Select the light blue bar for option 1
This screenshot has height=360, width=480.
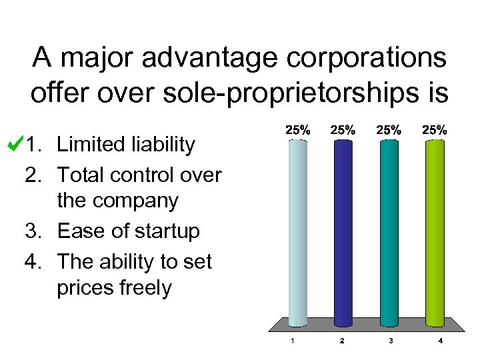[x=297, y=233]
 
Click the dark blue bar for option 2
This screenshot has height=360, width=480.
[x=343, y=233]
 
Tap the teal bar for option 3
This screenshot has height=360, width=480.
[x=388, y=233]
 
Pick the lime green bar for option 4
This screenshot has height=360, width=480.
[x=435, y=233]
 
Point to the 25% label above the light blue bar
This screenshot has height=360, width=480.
[x=297, y=131]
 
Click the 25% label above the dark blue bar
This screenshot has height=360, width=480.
[x=343, y=131]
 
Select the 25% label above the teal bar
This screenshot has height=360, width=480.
[x=388, y=131]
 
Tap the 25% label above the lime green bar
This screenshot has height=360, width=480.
[x=435, y=131]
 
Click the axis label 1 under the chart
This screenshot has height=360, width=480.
[x=293, y=341]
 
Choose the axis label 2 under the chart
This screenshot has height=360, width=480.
[x=342, y=341]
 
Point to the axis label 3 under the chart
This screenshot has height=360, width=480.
[x=391, y=341]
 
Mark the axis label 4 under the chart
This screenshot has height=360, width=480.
[x=441, y=341]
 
